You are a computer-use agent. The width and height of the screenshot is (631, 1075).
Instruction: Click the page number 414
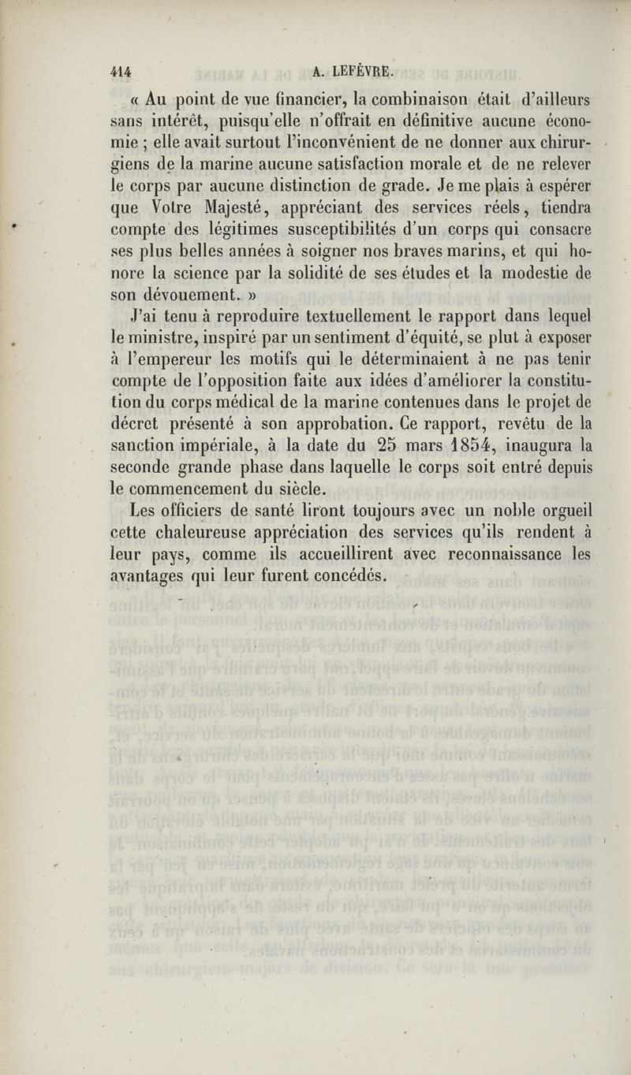[120, 71]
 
